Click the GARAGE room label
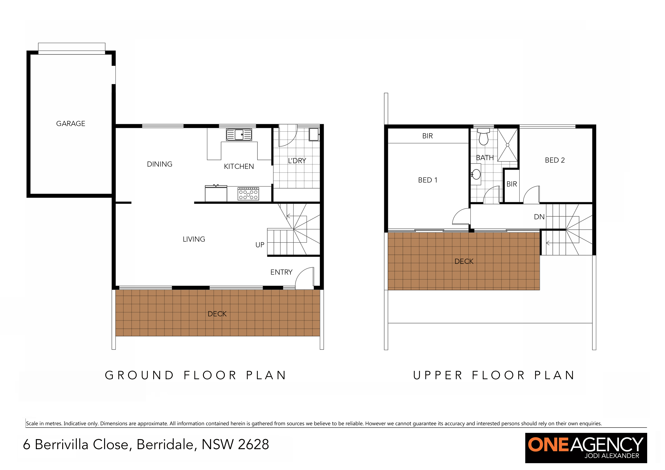tap(71, 124)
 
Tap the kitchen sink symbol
tap(239, 135)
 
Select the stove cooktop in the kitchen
tap(248, 194)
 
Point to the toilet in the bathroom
tap(483, 137)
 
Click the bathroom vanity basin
tap(476, 174)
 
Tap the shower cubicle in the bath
tap(507, 145)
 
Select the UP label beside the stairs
tap(260, 245)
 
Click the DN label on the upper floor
tap(539, 217)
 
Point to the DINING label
tap(160, 164)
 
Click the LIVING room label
tap(194, 239)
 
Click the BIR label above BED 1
tap(427, 136)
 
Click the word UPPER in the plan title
tap(438, 375)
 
